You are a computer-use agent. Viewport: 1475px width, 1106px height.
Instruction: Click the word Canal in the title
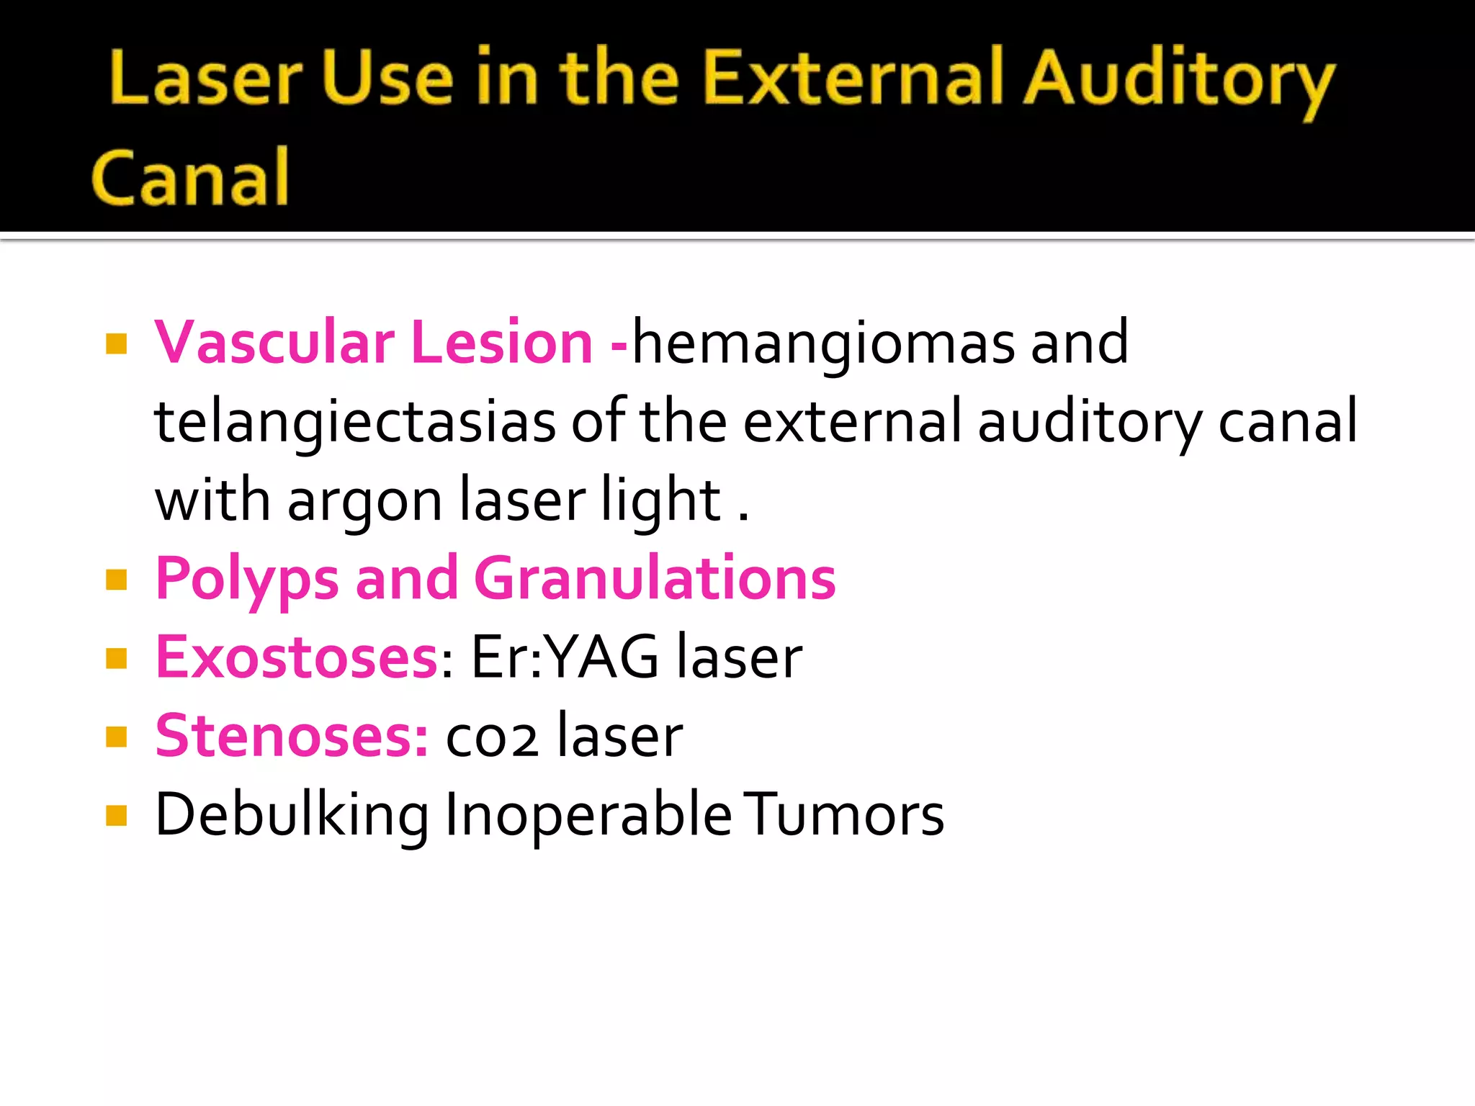191,177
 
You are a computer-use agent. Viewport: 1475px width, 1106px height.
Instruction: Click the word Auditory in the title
1179,79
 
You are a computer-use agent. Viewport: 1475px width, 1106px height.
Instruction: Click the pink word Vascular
274,342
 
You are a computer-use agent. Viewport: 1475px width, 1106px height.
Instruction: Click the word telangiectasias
355,422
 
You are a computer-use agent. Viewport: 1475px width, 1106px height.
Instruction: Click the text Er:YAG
564,657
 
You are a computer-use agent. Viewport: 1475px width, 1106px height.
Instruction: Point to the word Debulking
292,815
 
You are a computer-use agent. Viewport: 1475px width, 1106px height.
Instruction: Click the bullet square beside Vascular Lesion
116,344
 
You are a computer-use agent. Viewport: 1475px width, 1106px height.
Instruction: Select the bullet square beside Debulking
116,816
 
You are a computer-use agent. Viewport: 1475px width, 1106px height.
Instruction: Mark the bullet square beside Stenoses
116,737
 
